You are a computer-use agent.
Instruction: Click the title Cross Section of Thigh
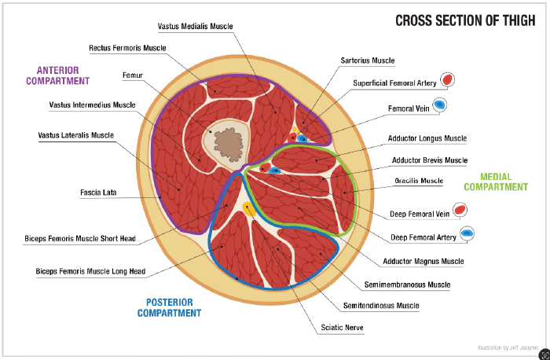[467, 20]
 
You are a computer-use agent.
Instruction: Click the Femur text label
[133, 75]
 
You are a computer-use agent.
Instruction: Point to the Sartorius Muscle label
[367, 61]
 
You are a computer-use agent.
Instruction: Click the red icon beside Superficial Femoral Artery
[447, 80]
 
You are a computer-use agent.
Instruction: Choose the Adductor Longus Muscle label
[427, 139]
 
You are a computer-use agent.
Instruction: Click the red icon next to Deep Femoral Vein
[461, 211]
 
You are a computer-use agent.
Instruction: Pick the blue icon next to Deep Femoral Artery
[466, 233]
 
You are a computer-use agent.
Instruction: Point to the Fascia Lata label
[98, 192]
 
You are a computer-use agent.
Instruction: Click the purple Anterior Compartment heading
[58, 75]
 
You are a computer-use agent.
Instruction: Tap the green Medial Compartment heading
[496, 182]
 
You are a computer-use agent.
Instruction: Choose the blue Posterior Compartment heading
[170, 307]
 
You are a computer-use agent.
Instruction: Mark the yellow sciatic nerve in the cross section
[248, 209]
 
